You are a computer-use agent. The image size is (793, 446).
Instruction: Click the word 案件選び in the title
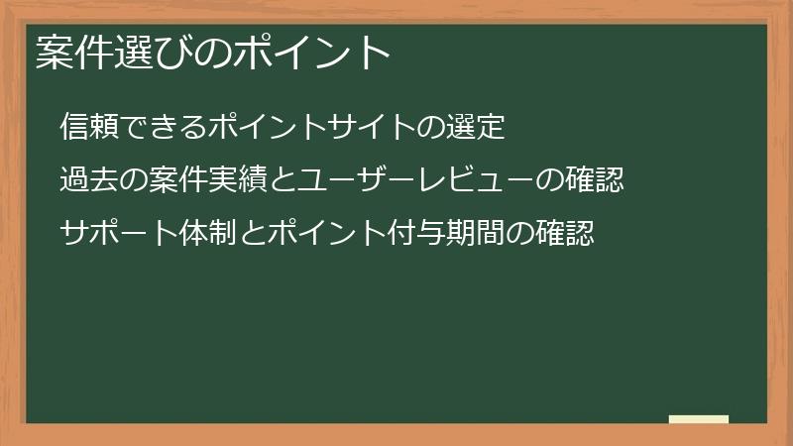tap(107, 53)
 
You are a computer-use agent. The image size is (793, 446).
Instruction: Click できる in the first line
tap(159, 127)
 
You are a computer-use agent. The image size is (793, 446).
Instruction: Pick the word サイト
tap(382, 127)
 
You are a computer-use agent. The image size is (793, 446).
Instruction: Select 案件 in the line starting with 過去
tap(174, 180)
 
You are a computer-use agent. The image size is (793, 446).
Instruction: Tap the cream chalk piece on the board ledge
tap(699, 419)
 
